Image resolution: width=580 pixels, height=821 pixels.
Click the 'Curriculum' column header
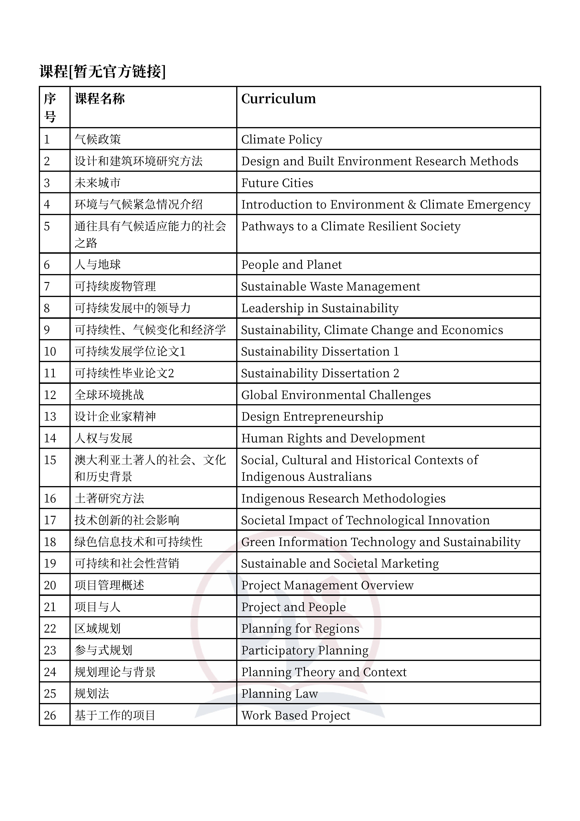coord(278,99)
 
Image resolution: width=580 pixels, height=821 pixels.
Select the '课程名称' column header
coord(100,99)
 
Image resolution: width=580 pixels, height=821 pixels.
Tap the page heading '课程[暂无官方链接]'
coord(103,72)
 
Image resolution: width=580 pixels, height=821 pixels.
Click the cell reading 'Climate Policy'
coord(282,139)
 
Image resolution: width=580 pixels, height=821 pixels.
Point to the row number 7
coord(47,286)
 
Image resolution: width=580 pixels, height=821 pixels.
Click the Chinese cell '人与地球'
coord(98,265)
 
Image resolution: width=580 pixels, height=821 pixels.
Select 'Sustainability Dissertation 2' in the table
coord(320,373)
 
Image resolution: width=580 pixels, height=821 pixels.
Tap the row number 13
coord(50,417)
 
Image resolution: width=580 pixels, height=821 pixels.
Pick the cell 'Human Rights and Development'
coord(333,438)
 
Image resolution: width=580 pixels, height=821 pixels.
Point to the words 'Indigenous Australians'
coord(306,477)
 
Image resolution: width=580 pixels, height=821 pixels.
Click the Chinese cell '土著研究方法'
coord(109,498)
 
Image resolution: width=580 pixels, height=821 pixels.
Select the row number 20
coord(50,585)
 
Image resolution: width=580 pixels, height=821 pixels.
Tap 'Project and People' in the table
coord(294,607)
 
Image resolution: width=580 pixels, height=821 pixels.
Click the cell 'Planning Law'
coord(279,694)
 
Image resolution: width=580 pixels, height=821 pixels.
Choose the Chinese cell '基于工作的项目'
coord(115,715)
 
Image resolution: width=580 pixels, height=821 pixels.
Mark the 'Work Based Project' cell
coord(296,715)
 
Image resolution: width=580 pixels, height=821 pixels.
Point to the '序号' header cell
coord(50,107)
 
